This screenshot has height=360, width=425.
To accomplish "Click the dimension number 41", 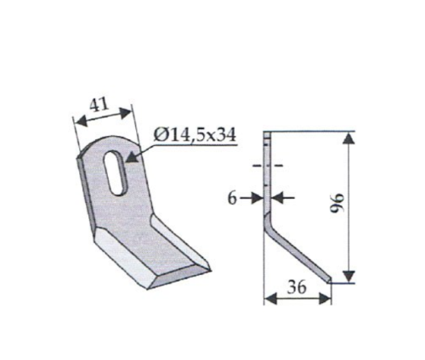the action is pyautogui.click(x=99, y=105).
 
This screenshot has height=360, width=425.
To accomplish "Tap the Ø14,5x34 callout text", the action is pyautogui.click(x=195, y=135).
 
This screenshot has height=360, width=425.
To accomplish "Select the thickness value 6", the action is pyautogui.click(x=232, y=199).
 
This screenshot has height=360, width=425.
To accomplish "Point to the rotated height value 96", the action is pyautogui.click(x=337, y=202).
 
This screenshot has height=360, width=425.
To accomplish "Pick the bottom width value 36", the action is pyautogui.click(x=297, y=287).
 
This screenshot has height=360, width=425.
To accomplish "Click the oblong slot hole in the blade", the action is pyautogui.click(x=116, y=172).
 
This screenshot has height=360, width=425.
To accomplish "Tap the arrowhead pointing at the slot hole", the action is pyautogui.click(x=133, y=156).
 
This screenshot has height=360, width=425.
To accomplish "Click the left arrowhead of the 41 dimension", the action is pyautogui.click(x=81, y=121).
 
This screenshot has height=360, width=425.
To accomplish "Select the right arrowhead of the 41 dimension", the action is pyautogui.click(x=125, y=113).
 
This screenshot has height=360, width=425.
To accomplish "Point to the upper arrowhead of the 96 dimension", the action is pyautogui.click(x=349, y=138).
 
